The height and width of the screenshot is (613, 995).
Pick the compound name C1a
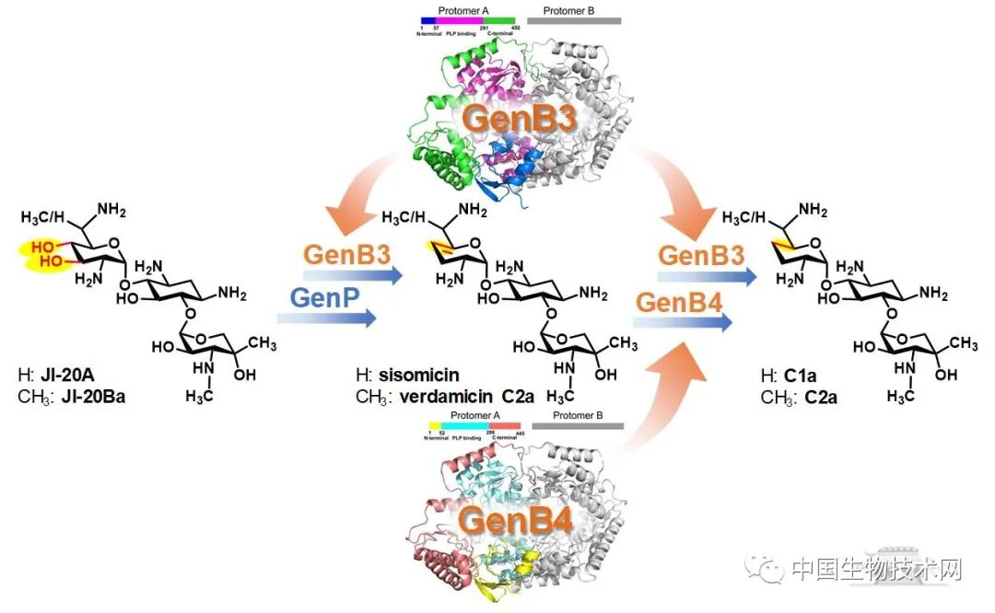point(802,376)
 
